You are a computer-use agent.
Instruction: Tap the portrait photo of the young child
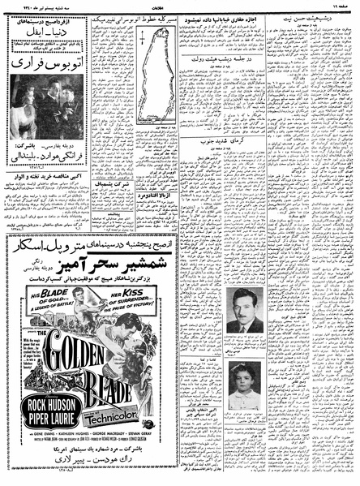point(244,388)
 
